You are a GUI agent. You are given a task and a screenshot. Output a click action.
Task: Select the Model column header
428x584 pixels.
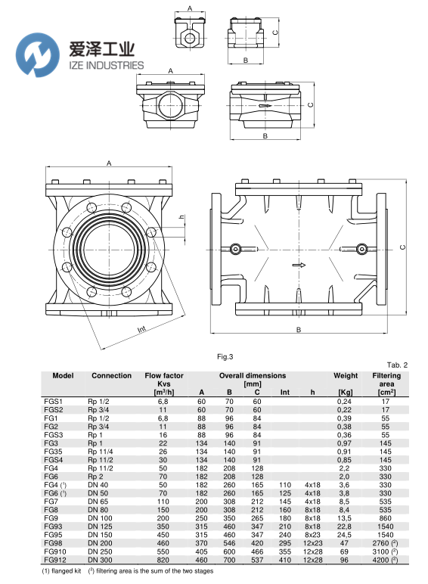(x=63, y=375)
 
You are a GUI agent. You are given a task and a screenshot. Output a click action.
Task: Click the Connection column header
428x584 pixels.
(x=111, y=375)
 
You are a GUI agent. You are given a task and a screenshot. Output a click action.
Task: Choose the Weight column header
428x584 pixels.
(x=346, y=375)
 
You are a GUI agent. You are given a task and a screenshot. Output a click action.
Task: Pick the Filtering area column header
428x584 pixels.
(x=386, y=380)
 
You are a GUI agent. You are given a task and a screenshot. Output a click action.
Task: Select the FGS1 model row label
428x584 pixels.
(x=53, y=402)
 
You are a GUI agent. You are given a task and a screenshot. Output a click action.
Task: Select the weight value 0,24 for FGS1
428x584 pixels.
(x=345, y=402)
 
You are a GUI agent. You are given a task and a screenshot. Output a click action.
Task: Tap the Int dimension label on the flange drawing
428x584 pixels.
(x=141, y=330)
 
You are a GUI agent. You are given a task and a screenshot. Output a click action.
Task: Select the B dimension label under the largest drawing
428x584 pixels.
(x=298, y=330)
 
